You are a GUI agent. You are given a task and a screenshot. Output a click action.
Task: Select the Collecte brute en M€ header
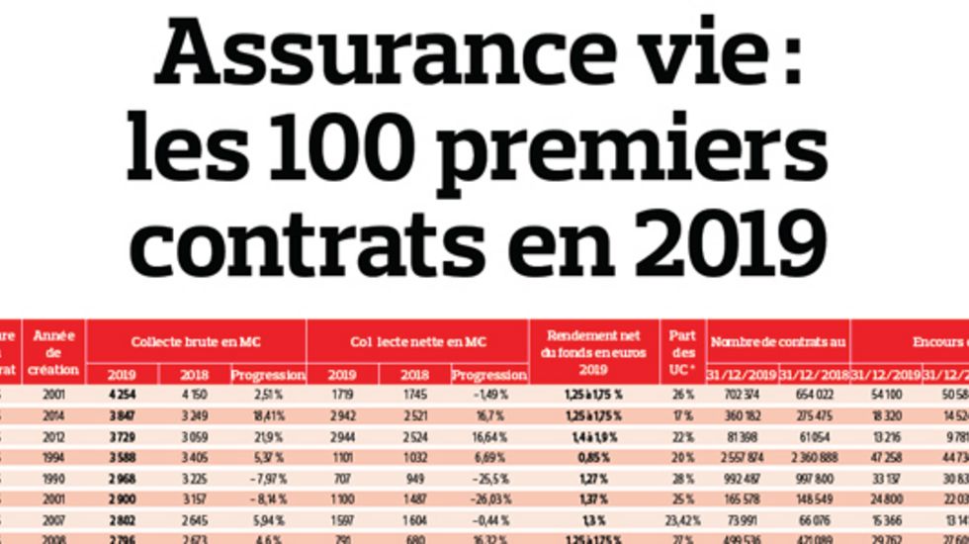click(196, 341)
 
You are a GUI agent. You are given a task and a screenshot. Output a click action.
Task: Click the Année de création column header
click(54, 351)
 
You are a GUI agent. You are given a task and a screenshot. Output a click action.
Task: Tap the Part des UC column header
click(682, 351)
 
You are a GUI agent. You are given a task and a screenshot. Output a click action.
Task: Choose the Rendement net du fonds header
click(589, 351)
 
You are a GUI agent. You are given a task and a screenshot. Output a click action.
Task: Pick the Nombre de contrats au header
click(778, 341)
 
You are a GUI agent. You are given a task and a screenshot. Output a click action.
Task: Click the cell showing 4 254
click(122, 396)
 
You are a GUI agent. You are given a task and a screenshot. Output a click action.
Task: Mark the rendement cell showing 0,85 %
click(589, 459)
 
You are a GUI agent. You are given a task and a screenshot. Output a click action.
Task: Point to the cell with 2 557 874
click(742, 459)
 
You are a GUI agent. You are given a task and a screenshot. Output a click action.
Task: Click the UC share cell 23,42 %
click(682, 520)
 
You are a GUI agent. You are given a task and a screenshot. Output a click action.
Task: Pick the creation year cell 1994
click(53, 459)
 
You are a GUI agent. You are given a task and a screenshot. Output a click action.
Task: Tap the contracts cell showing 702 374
click(742, 396)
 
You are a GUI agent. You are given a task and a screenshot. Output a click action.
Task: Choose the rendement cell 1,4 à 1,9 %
click(589, 438)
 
